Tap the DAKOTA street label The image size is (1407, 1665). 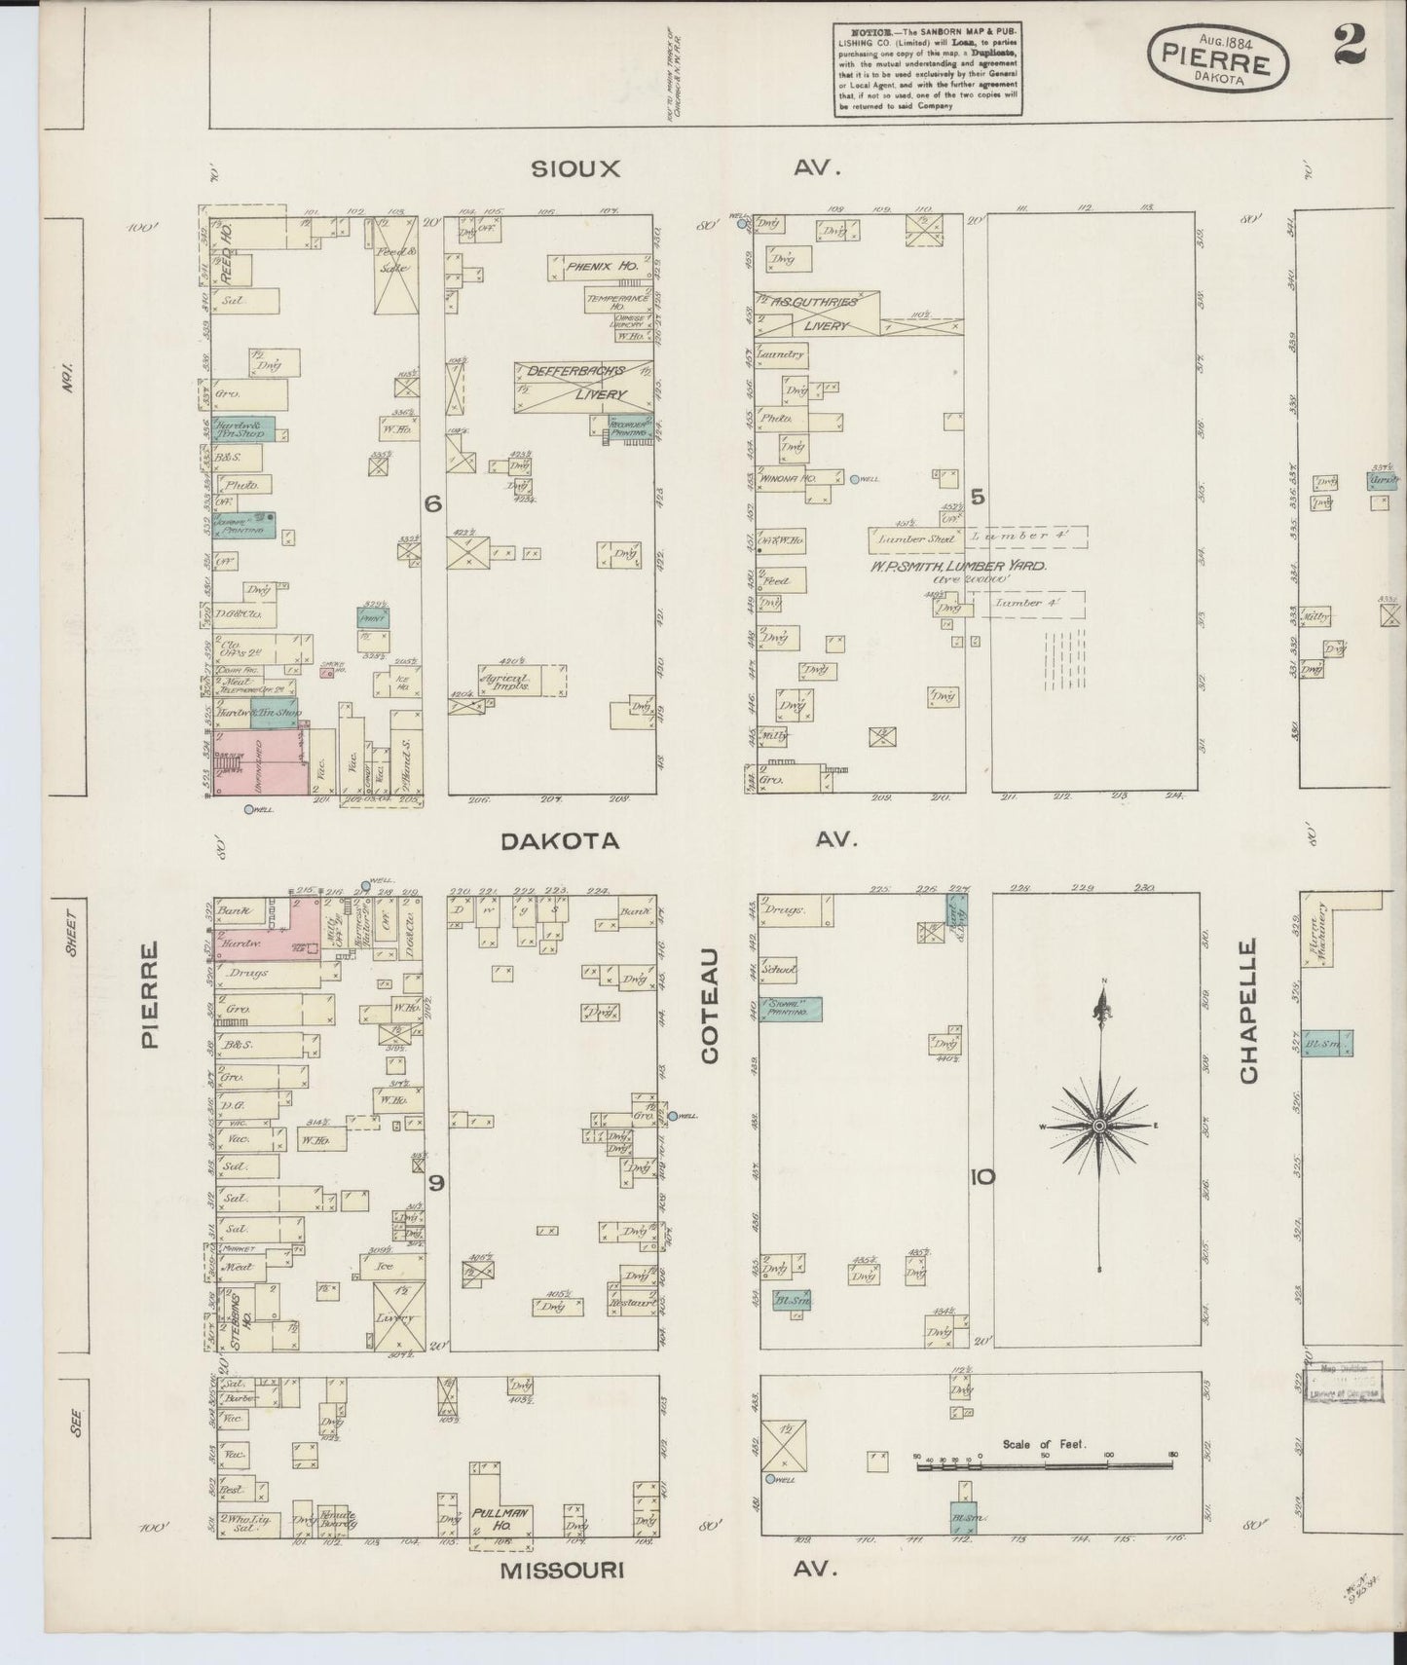click(x=559, y=841)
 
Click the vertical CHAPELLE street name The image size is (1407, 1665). click(x=1249, y=1011)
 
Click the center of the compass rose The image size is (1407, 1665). click(x=1099, y=1126)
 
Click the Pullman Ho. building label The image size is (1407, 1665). click(x=500, y=1513)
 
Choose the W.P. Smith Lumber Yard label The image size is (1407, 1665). click(x=959, y=564)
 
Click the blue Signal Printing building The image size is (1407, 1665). click(x=791, y=1010)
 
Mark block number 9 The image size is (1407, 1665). click(x=436, y=1183)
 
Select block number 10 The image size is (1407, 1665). click(x=981, y=1177)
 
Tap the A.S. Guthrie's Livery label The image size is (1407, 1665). click(x=819, y=314)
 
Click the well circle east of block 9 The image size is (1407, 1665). click(x=672, y=1115)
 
